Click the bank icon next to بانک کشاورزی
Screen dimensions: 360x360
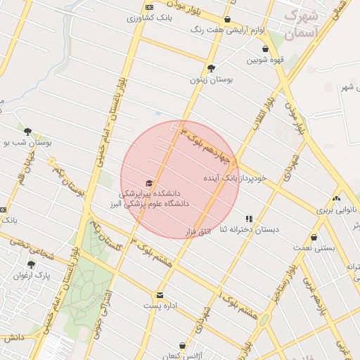point(149,6)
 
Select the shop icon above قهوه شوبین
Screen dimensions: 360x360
point(265,49)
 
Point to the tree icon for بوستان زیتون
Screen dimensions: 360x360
point(211,68)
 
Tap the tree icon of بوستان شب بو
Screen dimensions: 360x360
point(27,131)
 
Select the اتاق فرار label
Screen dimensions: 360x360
point(198,230)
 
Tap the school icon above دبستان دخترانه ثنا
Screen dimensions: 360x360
point(249,219)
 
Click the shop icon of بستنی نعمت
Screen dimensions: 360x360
point(314,238)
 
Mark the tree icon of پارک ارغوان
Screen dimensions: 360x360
point(31,264)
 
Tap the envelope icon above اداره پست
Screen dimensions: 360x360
point(160,295)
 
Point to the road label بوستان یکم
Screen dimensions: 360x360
point(70,177)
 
